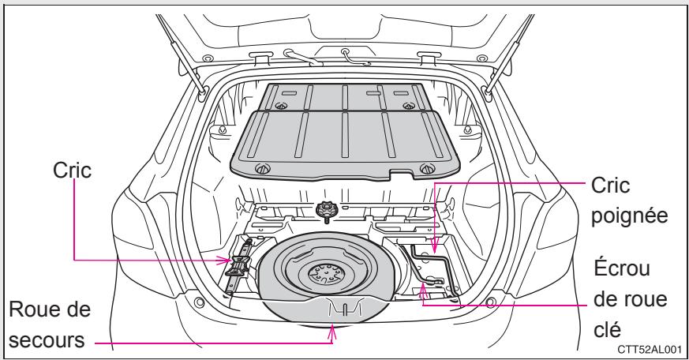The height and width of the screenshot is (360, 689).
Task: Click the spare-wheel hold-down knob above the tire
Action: (324, 208)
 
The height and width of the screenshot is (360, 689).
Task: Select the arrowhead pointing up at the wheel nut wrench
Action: (422, 289)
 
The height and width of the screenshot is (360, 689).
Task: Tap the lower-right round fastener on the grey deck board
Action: (427, 167)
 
